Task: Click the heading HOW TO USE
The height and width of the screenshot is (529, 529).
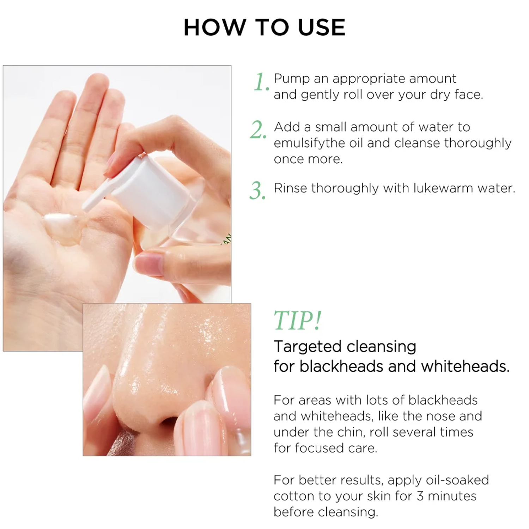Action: point(264,27)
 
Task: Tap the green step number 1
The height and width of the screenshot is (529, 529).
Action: point(261,83)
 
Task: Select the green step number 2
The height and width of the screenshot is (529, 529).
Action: point(258,130)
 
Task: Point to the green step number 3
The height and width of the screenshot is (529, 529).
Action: point(257,191)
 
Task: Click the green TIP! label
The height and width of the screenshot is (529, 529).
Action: point(298,321)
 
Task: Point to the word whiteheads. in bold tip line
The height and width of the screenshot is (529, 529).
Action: point(466,366)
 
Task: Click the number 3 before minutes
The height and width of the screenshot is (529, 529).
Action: point(420,496)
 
